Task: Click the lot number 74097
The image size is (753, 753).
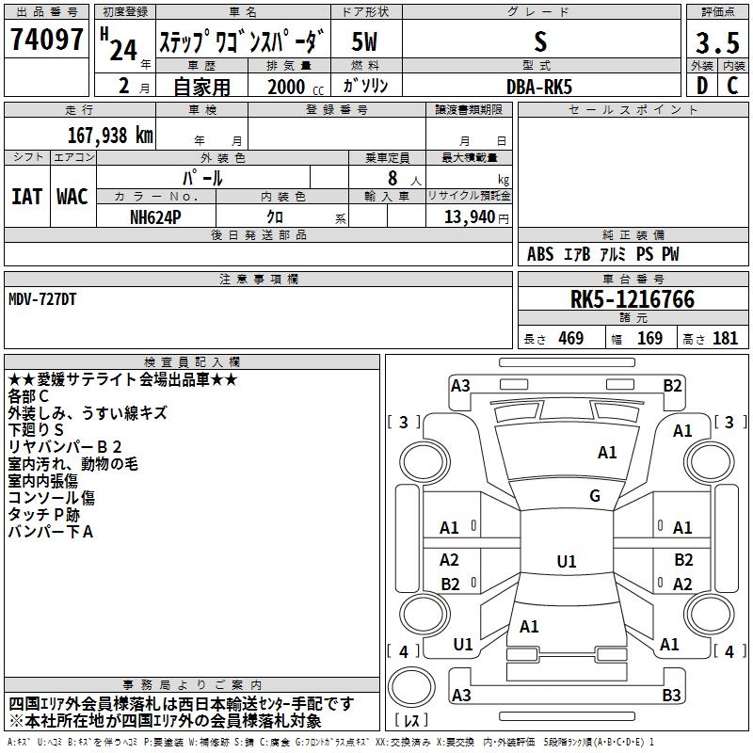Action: [46, 40]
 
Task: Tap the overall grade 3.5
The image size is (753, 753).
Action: [717, 42]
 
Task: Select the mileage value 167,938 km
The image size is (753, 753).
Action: [110, 136]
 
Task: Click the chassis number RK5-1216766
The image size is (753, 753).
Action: [633, 299]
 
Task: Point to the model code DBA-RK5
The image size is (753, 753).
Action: [539, 87]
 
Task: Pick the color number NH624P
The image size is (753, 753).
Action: [155, 217]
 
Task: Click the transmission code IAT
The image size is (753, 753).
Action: [26, 197]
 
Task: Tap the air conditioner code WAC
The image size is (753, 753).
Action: [72, 197]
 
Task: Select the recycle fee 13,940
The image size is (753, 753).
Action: [470, 217]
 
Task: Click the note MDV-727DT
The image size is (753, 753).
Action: [42, 299]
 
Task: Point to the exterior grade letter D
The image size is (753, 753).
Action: [702, 86]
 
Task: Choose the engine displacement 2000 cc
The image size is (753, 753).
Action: [296, 87]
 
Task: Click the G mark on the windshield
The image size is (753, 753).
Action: [595, 496]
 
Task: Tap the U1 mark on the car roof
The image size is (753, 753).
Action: [567, 561]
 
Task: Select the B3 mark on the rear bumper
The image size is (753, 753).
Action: [671, 695]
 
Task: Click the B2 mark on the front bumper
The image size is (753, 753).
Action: [672, 386]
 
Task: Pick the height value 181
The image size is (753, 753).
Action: [725, 338]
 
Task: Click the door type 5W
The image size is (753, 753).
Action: [364, 41]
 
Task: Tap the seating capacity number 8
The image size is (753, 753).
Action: [393, 178]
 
